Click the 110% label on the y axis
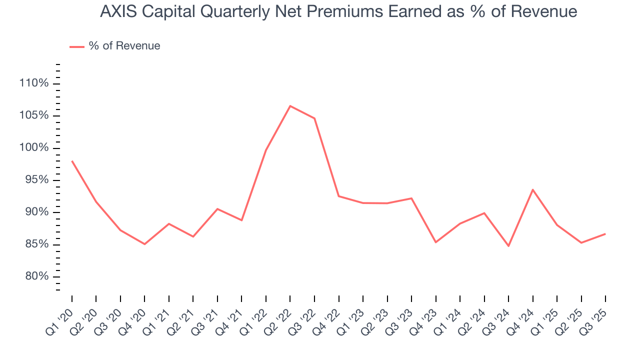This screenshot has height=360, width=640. (33, 83)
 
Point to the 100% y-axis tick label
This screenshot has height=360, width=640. (33, 147)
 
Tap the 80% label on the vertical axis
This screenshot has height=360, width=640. (35, 276)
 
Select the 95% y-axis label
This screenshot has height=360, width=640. (35, 180)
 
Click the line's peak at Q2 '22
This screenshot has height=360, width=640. (290, 106)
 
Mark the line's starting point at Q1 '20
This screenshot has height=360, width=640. (72, 161)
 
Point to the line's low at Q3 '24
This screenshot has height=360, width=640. (508, 246)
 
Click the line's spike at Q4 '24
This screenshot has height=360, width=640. (533, 189)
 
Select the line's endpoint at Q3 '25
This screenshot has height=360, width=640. (605, 234)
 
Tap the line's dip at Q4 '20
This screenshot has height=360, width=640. (144, 244)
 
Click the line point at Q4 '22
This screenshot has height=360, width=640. (338, 196)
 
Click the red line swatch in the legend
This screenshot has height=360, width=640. (76, 46)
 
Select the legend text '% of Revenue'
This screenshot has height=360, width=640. (124, 46)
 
